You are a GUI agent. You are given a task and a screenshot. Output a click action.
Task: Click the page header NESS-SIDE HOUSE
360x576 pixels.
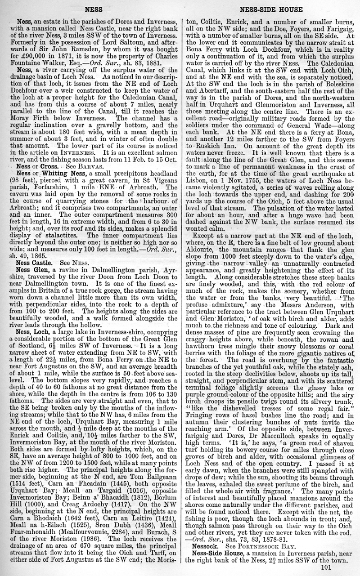pyautogui.click(x=271, y=9)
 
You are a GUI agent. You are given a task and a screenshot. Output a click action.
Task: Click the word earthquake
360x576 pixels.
pyautogui.click(x=328, y=173)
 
